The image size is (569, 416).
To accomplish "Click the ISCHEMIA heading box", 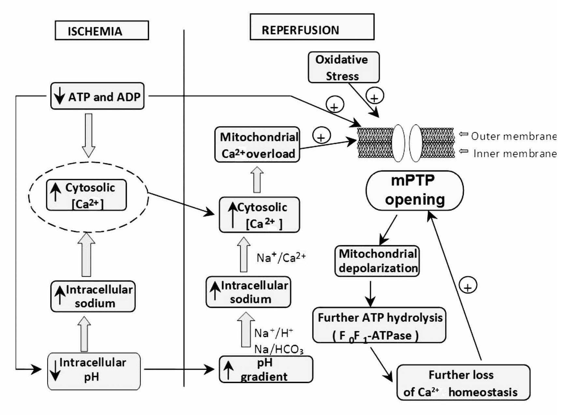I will [102, 31].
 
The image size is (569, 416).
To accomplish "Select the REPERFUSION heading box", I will [312, 27].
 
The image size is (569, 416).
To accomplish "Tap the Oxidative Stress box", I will [343, 68].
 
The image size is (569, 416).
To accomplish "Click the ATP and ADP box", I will [97, 96].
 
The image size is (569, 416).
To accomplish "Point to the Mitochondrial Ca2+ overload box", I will [257, 145].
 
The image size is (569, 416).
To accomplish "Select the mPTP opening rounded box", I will [415, 191].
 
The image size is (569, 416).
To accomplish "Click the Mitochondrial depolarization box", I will [377, 261].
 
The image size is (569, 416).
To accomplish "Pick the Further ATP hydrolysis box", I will [379, 325].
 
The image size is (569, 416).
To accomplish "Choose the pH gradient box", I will [266, 370].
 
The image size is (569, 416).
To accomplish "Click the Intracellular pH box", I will [94, 371].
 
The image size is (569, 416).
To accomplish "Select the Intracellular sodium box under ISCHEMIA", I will [93, 296].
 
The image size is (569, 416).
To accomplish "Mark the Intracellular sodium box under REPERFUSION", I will [248, 292].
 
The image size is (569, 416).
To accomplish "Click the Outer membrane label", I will [513, 136].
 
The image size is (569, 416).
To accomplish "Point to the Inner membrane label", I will [515, 153].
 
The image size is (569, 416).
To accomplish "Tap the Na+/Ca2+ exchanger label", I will [281, 258].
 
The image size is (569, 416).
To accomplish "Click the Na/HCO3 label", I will [279, 350].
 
